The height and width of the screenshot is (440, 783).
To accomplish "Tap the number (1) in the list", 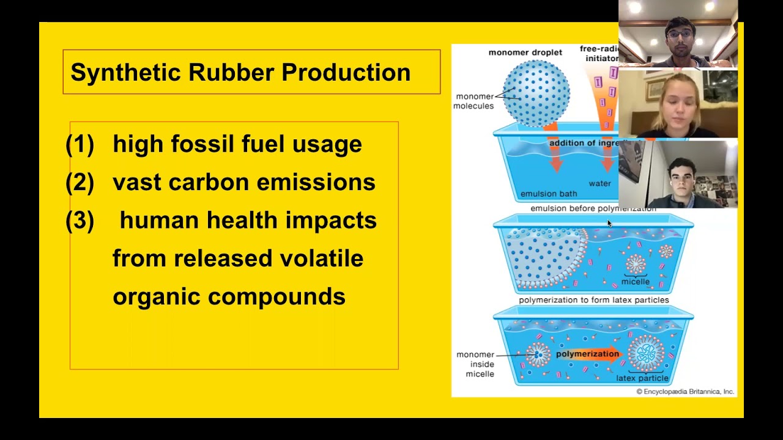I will click(80, 145).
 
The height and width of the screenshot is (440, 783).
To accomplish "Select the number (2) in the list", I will click(80, 183).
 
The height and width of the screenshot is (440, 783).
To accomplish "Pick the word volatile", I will click(321, 258).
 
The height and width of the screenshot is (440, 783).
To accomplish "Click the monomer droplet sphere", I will click(536, 93).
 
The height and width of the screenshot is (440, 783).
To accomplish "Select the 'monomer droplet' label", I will click(525, 53).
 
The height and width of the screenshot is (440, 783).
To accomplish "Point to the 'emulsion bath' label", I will click(548, 194).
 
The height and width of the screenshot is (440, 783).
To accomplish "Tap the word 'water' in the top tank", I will click(599, 183).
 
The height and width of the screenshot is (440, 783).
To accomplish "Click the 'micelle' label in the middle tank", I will click(635, 282).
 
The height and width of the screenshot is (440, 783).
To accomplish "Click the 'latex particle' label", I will click(642, 378).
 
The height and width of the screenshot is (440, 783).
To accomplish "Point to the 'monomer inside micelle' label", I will click(475, 364).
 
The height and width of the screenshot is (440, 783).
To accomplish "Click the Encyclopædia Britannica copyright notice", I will click(685, 392).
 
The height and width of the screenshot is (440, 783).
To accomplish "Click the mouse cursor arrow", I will click(609, 224).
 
